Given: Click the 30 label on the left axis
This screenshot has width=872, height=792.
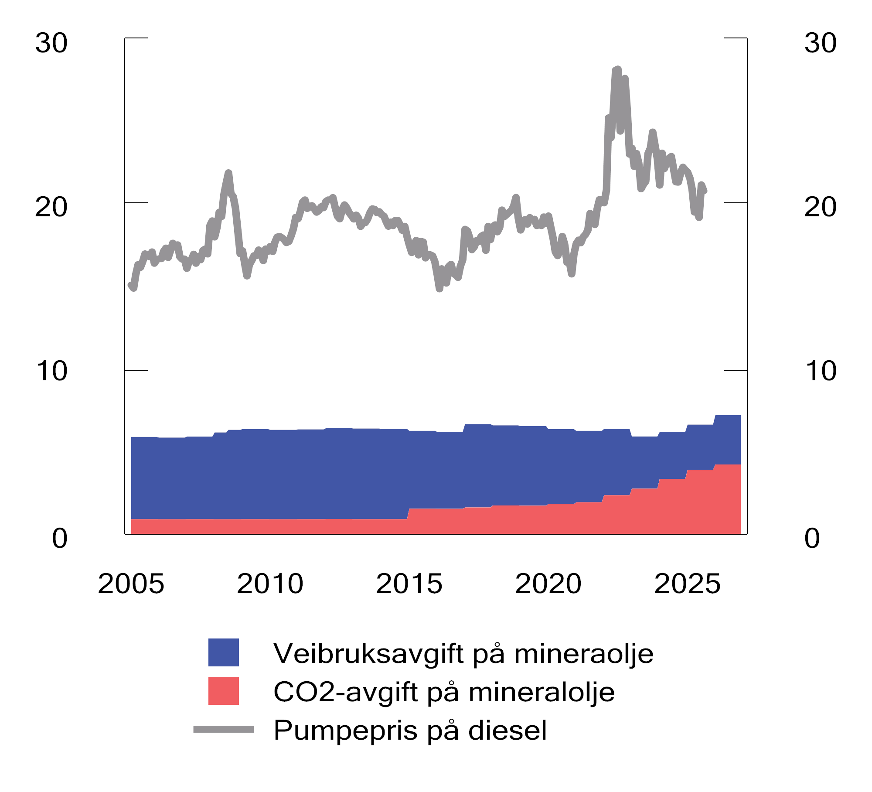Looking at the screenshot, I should [51, 43].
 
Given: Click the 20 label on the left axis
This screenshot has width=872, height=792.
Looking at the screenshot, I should [51, 207].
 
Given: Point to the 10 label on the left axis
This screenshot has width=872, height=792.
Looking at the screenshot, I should [51, 371].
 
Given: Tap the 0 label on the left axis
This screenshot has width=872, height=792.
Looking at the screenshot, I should [60, 539].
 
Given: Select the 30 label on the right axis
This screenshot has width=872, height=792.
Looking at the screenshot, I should [821, 43].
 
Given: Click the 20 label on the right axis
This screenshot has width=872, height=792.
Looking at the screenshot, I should [821, 207].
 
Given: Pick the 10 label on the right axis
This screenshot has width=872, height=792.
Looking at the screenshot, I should [821, 371].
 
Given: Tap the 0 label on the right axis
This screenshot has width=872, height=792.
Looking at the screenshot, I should [812, 539].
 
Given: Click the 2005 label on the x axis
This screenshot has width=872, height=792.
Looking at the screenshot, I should [131, 584].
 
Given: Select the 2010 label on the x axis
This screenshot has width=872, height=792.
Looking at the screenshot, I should [270, 584].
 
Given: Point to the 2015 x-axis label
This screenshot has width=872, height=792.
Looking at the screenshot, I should [409, 584].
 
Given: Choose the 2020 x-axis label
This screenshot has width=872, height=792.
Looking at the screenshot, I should [548, 584].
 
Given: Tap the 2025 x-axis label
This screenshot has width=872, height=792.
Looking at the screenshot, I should [688, 584].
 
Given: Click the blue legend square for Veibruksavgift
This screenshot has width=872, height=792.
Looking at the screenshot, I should [224, 652].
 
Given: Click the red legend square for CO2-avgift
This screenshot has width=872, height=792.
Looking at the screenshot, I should [224, 691].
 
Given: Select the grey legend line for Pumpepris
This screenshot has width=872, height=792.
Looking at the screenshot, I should [224, 729].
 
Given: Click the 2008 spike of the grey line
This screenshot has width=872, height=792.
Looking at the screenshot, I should [228, 174].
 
